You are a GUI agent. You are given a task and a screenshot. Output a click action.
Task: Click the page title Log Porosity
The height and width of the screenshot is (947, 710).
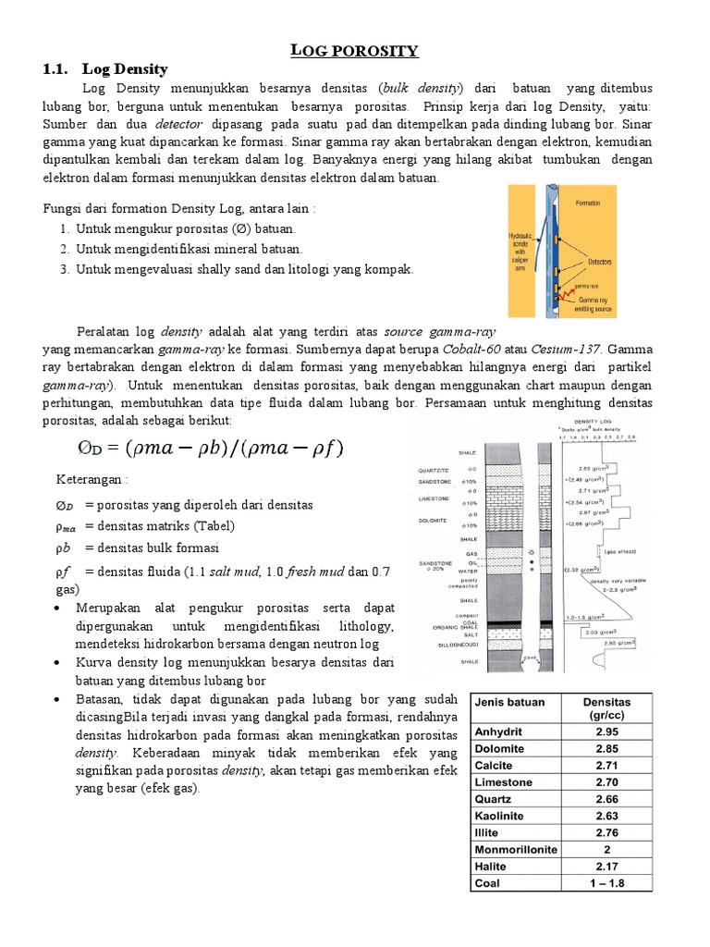(x=355, y=50)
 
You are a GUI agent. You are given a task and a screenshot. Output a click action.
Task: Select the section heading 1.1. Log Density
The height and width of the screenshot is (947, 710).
(x=105, y=69)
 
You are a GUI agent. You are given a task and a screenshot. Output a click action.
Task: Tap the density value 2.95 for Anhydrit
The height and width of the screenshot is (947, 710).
(x=607, y=732)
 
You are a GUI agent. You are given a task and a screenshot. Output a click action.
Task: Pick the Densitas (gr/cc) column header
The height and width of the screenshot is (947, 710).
(x=607, y=708)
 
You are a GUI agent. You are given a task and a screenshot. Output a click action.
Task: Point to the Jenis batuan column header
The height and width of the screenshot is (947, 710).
(x=509, y=702)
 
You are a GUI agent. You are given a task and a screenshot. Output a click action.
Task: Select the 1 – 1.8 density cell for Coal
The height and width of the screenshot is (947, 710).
(x=607, y=883)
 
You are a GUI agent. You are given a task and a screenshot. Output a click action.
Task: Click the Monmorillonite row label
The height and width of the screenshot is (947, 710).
(x=516, y=849)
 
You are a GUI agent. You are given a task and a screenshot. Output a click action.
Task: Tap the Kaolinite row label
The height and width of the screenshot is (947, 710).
(x=500, y=816)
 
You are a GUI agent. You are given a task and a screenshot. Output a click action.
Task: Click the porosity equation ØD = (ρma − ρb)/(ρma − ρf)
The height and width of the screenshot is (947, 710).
(x=209, y=448)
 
